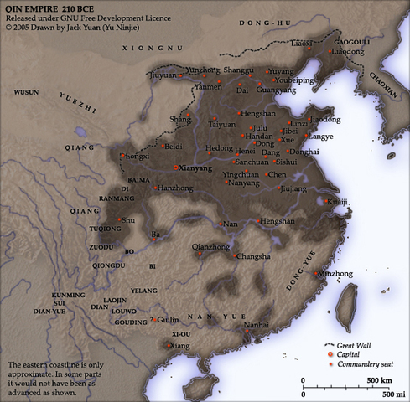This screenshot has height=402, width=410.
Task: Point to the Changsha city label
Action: coord(253,256)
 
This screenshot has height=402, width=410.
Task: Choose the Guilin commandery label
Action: coord(169,319)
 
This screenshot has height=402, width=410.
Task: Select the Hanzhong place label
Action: coord(174,188)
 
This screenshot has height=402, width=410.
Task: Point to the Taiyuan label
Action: coord(222,125)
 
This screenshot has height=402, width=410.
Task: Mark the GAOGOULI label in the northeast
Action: coord(352,40)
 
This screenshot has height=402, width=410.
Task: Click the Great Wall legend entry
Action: coord(353,344)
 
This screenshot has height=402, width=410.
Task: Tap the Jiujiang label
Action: coord(293,189)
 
